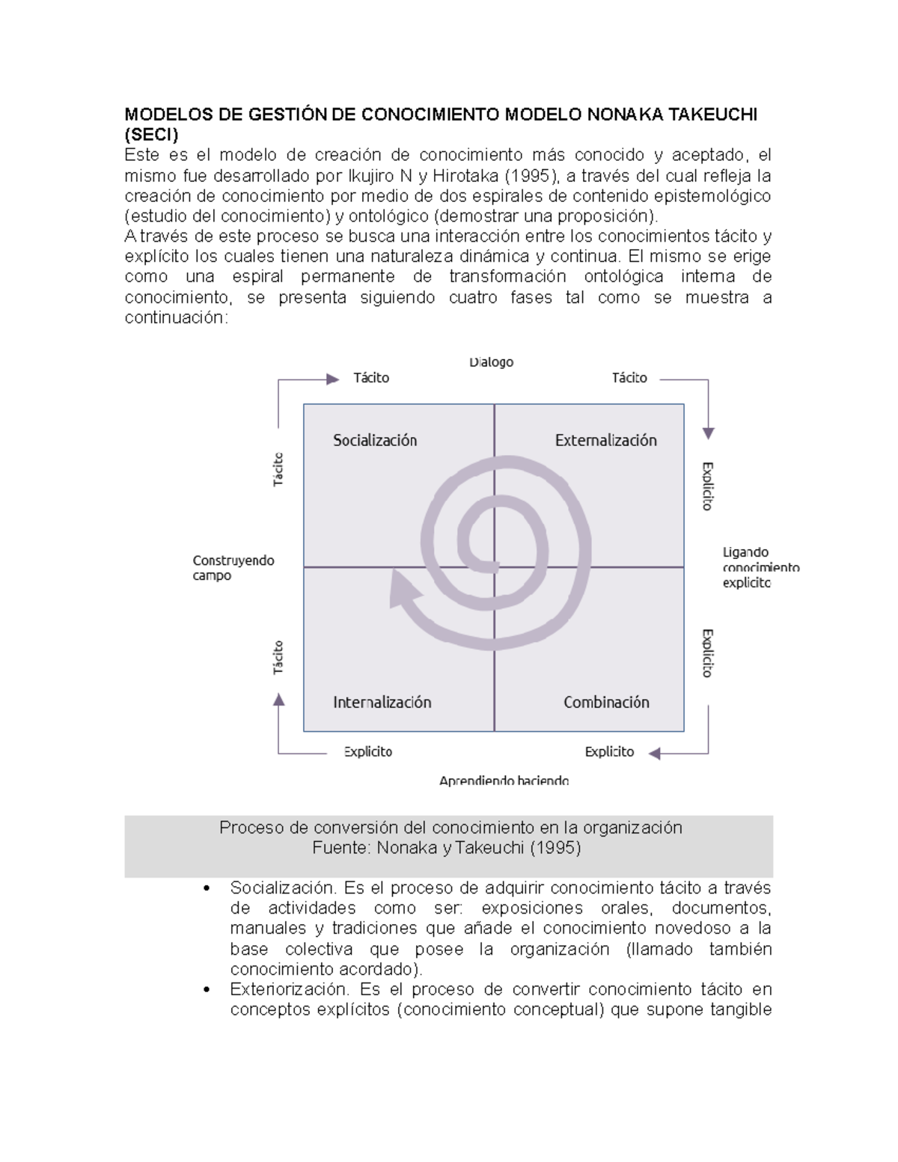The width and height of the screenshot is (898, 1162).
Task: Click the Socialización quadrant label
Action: coord(375,441)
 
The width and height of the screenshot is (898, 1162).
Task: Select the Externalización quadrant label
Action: coord(605,441)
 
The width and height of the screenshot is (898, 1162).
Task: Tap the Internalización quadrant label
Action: coord(382,702)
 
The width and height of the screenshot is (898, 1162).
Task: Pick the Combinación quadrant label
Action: coord(606,702)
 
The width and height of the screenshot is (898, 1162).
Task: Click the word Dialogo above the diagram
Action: coord(491,362)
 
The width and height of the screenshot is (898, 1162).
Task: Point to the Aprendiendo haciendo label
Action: coord(504,780)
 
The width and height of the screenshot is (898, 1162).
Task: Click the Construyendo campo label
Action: coord(233,568)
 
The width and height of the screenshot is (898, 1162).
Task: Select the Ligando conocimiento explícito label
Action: coord(760,567)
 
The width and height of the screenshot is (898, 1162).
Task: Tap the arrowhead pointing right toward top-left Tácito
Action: coord(333,379)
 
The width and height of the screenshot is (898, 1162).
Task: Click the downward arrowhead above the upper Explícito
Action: coord(708,433)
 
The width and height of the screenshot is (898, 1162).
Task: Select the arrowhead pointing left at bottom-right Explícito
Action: coord(655,753)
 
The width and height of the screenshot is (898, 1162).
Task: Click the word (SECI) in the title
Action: coord(151,135)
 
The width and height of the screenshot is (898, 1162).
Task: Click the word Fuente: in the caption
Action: coord(341,848)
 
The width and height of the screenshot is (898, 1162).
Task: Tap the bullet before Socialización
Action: coord(207,889)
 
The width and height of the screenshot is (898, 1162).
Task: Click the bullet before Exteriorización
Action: coord(207,990)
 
